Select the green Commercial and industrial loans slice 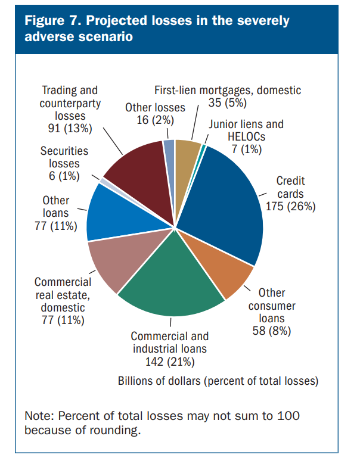[x=173, y=280]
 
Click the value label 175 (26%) [x=291, y=207]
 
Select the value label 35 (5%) [x=227, y=103]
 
